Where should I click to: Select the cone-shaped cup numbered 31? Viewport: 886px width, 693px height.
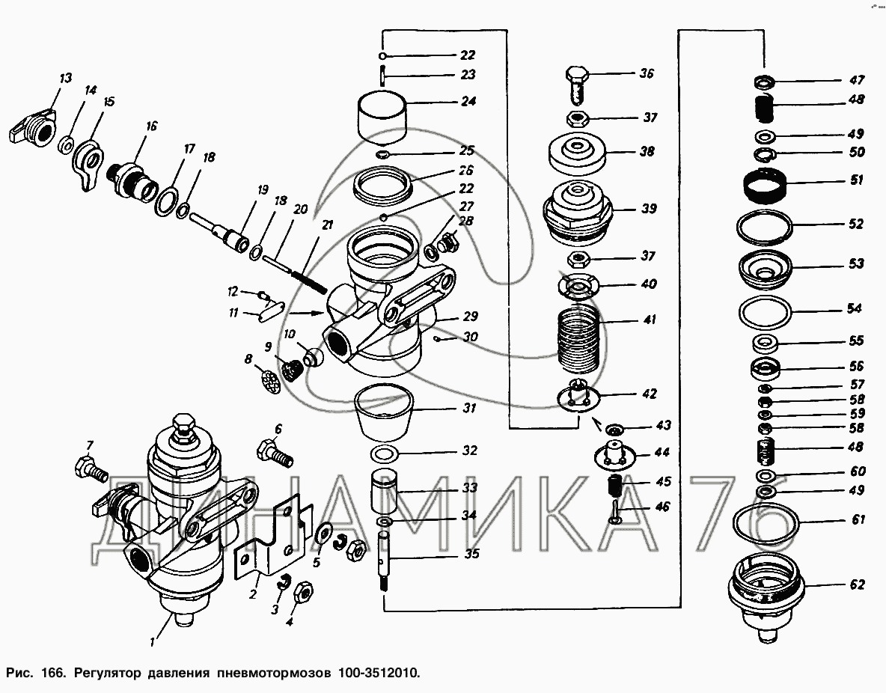[x=383, y=413]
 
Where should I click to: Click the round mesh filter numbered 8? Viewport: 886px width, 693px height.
[x=272, y=379]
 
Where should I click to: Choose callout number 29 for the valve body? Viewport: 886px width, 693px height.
[x=470, y=317]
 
